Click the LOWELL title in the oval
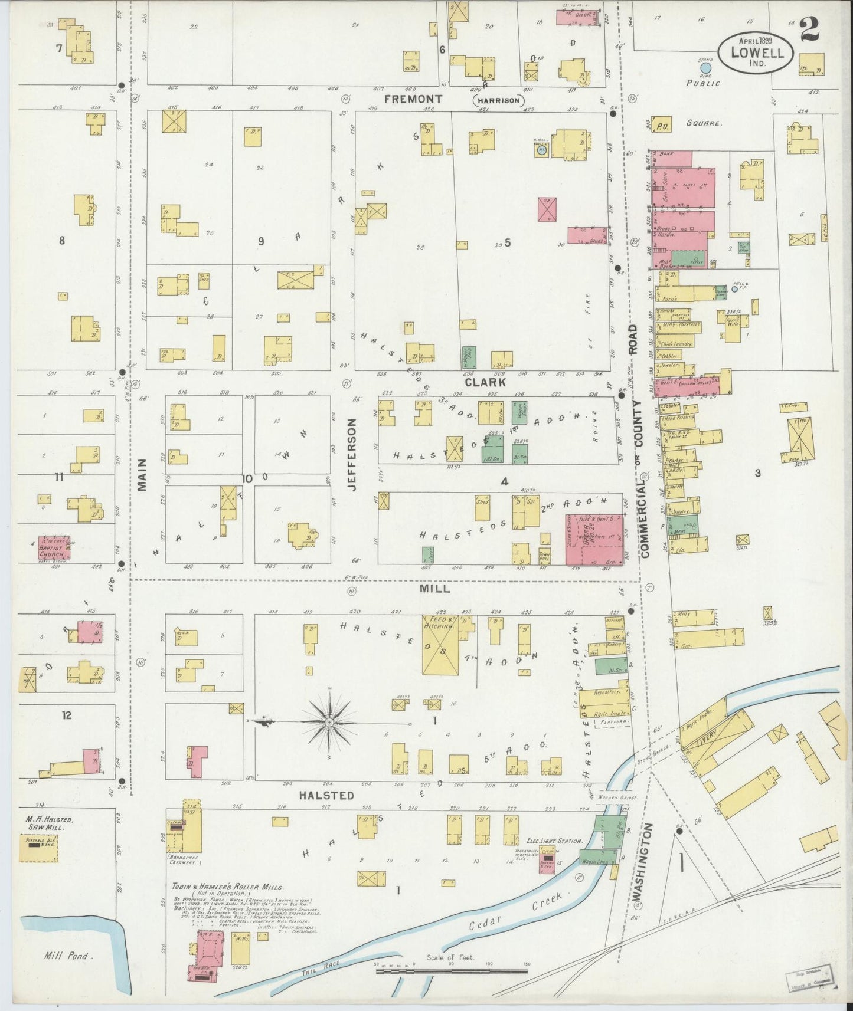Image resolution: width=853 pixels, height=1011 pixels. [758, 52]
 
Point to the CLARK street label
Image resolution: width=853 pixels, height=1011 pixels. [485, 382]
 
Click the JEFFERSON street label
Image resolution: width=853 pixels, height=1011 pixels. [353, 454]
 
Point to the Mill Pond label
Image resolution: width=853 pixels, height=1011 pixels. [66, 956]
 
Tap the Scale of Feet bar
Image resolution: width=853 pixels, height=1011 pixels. [452, 970]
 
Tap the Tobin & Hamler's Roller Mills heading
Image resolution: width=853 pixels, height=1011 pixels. [228, 887]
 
